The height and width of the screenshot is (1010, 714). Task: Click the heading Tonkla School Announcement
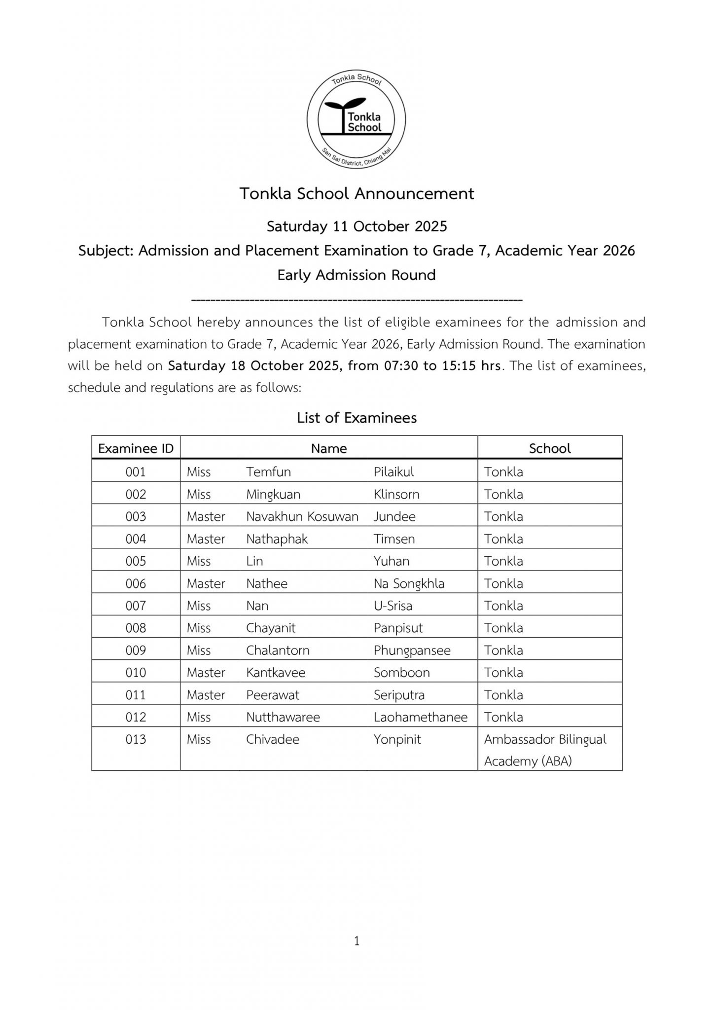pos(357,194)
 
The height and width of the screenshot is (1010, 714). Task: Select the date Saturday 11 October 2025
pos(357,226)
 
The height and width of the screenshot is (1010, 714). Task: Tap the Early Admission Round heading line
pos(357,275)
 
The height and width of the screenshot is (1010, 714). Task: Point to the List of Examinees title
pos(357,418)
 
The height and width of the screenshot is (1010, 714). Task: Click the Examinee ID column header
pos(136,448)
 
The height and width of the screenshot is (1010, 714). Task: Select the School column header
pos(549,448)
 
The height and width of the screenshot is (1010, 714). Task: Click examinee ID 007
pos(136,606)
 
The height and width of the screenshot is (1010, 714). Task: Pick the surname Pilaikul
pos(393,472)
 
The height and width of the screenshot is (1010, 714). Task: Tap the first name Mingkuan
pos(273,494)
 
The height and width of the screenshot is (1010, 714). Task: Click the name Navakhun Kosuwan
pos(302,516)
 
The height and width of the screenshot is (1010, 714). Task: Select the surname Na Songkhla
pos(409,583)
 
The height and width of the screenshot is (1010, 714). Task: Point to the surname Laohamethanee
pos(420,717)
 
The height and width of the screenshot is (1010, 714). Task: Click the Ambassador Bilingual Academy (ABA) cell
pos(545,750)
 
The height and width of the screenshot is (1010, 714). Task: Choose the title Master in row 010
pos(206,673)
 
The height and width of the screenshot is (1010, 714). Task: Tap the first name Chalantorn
pos(278,650)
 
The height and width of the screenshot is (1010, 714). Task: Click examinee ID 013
pos(136,739)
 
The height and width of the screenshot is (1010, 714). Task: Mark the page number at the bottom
pos(357,941)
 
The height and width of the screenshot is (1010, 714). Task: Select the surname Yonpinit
pos(397,739)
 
